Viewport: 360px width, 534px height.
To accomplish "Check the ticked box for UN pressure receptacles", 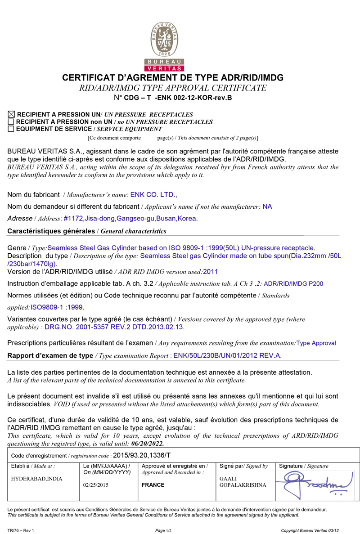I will pos(11,115).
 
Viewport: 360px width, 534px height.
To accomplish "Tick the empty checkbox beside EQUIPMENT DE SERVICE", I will pos(11,129).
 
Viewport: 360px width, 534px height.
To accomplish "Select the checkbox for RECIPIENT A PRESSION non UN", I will pos(11,122).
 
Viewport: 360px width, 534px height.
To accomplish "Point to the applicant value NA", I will pos(267,206).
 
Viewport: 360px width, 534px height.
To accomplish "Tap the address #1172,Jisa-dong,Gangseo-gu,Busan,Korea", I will pos(130,219).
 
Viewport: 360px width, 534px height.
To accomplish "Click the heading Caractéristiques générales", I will pos(52,231).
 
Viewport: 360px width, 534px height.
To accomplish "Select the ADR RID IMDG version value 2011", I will pos(211,271).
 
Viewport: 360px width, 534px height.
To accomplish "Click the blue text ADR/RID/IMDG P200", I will pos(293,283).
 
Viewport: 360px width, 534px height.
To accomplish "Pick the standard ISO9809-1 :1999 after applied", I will pos(57,307).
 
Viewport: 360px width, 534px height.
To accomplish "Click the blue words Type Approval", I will pos(316,343).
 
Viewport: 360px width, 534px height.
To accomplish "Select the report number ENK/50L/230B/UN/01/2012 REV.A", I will pos(227,355).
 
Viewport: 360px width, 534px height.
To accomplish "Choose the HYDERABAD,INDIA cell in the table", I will pos(37,478).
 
